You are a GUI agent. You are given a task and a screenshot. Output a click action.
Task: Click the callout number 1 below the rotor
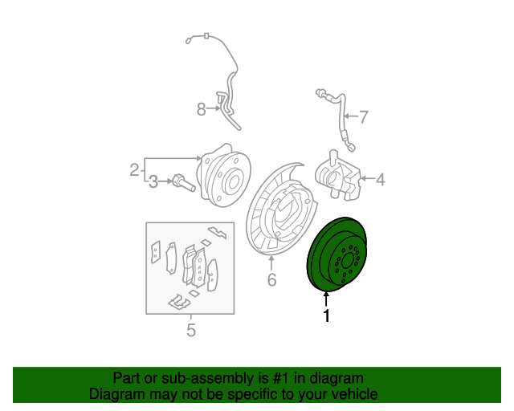(x=326, y=315)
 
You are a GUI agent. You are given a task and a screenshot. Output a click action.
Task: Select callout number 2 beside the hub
(x=134, y=169)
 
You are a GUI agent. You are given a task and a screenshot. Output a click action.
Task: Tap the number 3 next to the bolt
(x=153, y=182)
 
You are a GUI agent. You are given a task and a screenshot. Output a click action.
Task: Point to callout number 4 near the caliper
(x=380, y=179)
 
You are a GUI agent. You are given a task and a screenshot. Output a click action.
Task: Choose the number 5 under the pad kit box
(x=191, y=330)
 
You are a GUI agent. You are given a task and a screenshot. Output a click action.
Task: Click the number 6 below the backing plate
(x=271, y=279)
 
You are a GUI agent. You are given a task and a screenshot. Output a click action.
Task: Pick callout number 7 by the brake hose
(x=364, y=117)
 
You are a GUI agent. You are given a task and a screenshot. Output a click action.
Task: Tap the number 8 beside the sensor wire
(x=202, y=109)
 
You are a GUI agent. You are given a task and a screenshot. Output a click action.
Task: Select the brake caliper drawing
(x=337, y=176)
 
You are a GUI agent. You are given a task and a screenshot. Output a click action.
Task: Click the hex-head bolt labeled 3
(x=184, y=183)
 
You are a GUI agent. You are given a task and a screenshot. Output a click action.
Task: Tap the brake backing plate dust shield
(x=281, y=209)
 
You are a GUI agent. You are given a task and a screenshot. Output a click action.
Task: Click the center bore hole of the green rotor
(x=348, y=262)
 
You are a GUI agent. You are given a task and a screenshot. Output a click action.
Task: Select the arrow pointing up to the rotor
(x=326, y=299)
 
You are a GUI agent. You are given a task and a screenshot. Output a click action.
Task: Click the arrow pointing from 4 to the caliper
(x=367, y=179)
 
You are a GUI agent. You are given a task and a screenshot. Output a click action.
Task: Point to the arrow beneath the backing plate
(x=271, y=263)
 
